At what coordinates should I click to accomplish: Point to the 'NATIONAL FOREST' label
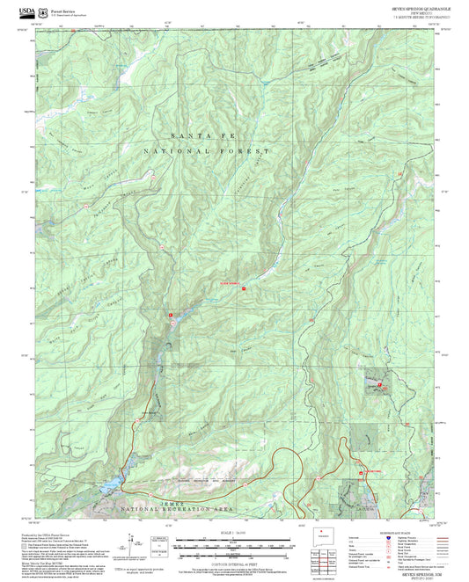coord(198,152)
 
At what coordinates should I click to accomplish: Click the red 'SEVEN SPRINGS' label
coord(230,282)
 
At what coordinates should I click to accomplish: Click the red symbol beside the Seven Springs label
coord(244,288)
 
